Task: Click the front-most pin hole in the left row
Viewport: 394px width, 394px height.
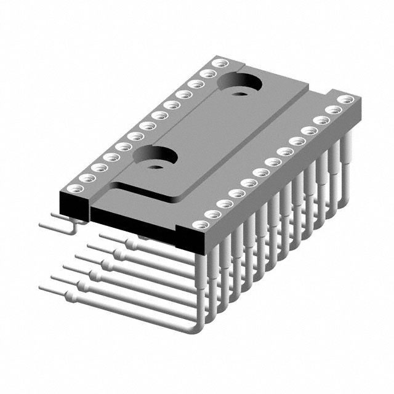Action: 73,188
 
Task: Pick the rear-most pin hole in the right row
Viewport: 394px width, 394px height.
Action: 345,99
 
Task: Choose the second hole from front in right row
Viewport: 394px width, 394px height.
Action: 212,214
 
